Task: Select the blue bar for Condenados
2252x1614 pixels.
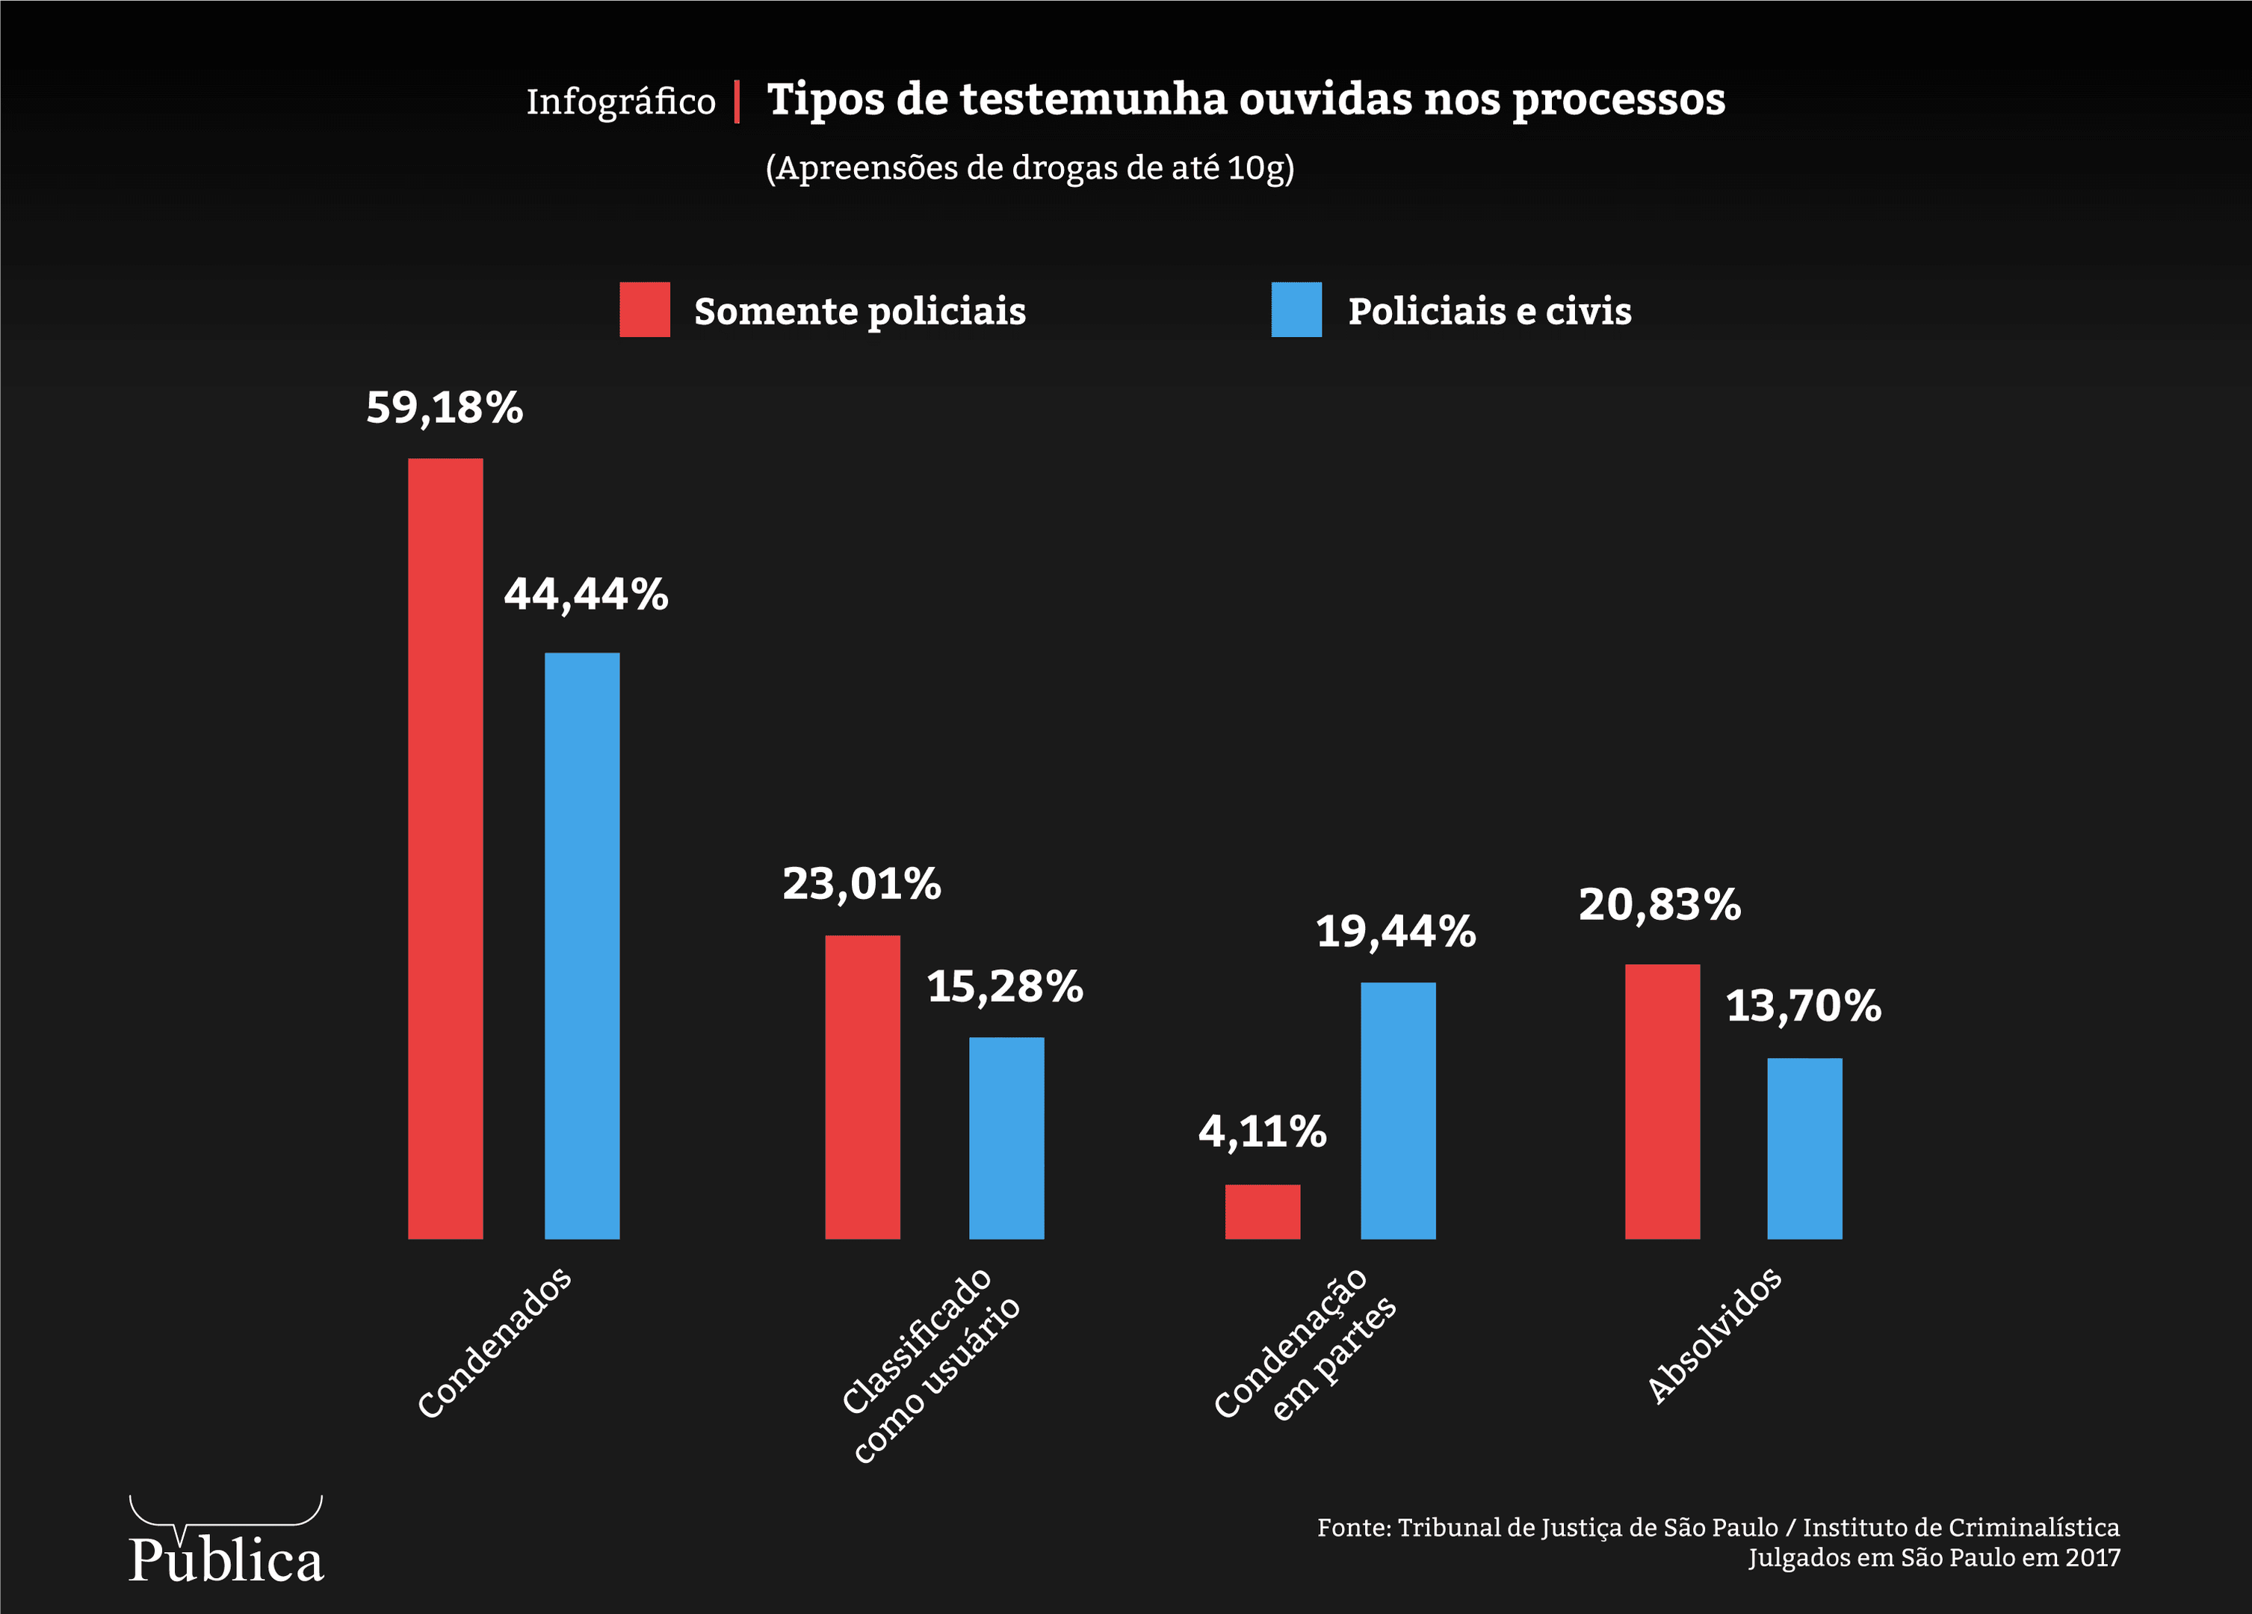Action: [582, 945]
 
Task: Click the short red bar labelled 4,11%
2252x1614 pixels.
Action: [1262, 1212]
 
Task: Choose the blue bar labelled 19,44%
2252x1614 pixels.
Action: [1397, 1110]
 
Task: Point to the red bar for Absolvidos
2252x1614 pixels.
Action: [1662, 1101]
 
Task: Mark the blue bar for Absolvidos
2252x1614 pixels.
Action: [1804, 1148]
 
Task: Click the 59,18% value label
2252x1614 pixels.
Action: [444, 407]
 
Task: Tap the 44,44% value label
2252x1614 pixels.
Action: [586, 594]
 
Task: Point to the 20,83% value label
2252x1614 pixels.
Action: [1659, 904]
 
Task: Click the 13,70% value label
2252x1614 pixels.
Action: [1803, 1005]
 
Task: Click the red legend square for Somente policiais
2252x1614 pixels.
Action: [644, 310]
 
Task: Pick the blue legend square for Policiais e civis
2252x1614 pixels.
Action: [1296, 310]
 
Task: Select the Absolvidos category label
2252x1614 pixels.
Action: [1714, 1336]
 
